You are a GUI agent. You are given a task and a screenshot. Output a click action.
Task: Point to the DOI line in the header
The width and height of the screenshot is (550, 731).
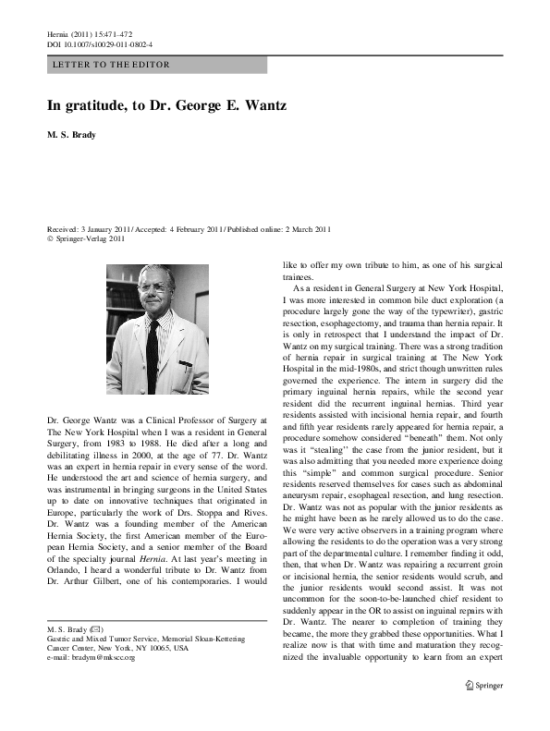point(100,43)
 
